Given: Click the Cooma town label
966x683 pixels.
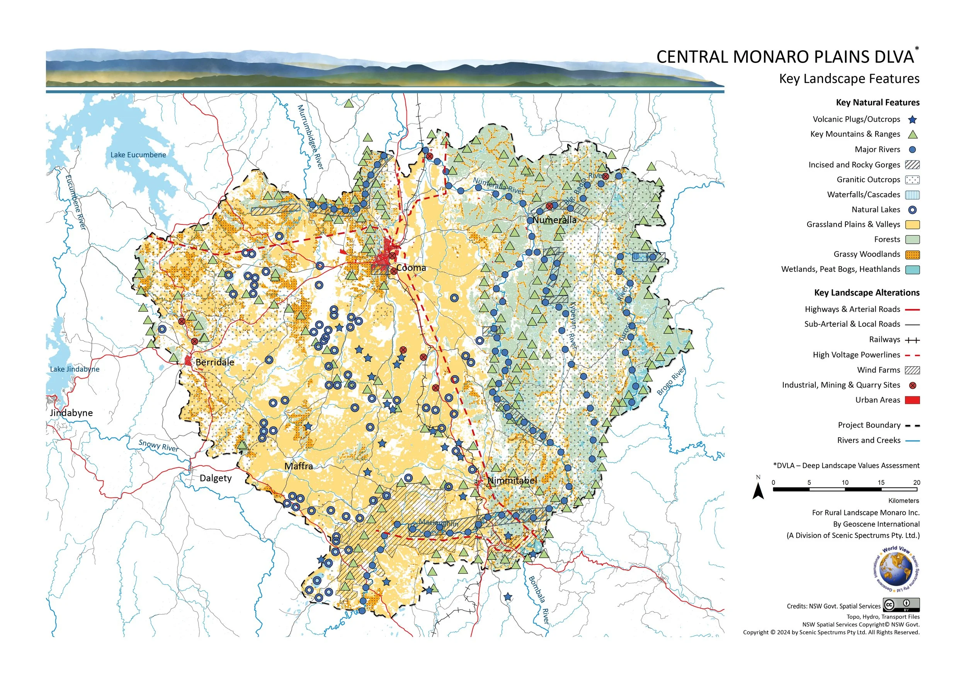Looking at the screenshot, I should (411, 268).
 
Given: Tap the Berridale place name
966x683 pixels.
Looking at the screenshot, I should (214, 362).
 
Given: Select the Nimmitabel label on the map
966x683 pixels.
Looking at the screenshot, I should (512, 480).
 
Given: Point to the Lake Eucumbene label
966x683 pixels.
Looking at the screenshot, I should (138, 155).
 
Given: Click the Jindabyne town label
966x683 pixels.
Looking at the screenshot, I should (71, 413).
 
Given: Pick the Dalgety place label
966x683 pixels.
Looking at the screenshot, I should (215, 478).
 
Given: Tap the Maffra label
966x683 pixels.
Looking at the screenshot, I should (298, 466).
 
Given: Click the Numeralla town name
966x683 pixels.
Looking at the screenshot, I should (554, 220).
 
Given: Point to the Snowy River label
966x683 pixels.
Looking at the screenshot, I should (158, 445).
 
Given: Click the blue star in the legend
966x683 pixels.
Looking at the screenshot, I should (912, 120).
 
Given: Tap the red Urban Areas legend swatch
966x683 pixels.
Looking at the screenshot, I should (912, 400).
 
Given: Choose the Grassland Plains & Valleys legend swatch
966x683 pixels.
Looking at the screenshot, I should (912, 224).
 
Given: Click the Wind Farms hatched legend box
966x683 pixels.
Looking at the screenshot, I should (912, 370).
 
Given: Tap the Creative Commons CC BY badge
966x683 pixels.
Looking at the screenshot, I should (901, 605).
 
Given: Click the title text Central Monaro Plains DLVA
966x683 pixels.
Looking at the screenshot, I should (785, 57).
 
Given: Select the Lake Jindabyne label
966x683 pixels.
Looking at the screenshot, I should (75, 369).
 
